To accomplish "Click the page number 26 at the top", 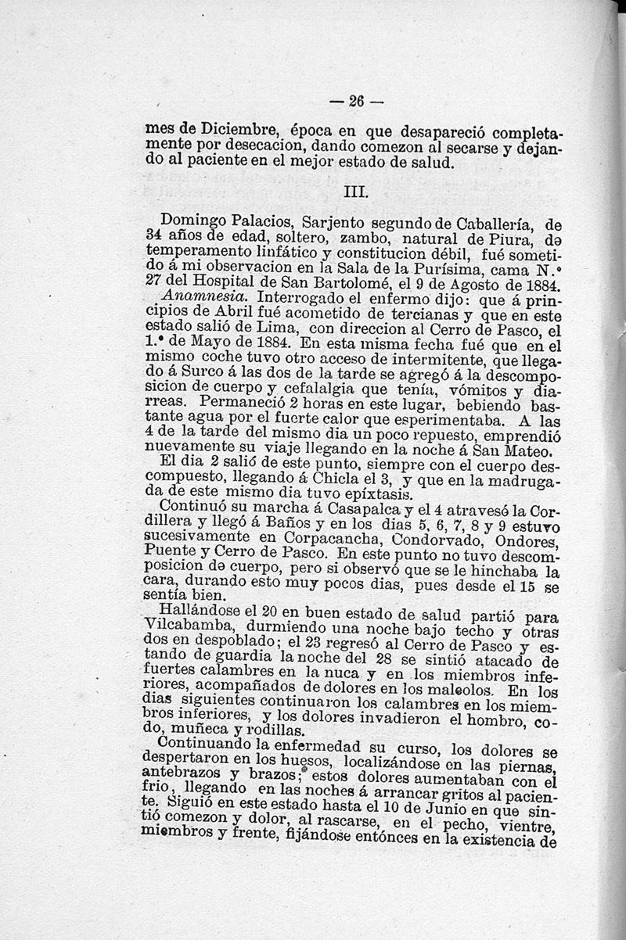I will click(357, 100).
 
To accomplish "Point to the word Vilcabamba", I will click(189, 630).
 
